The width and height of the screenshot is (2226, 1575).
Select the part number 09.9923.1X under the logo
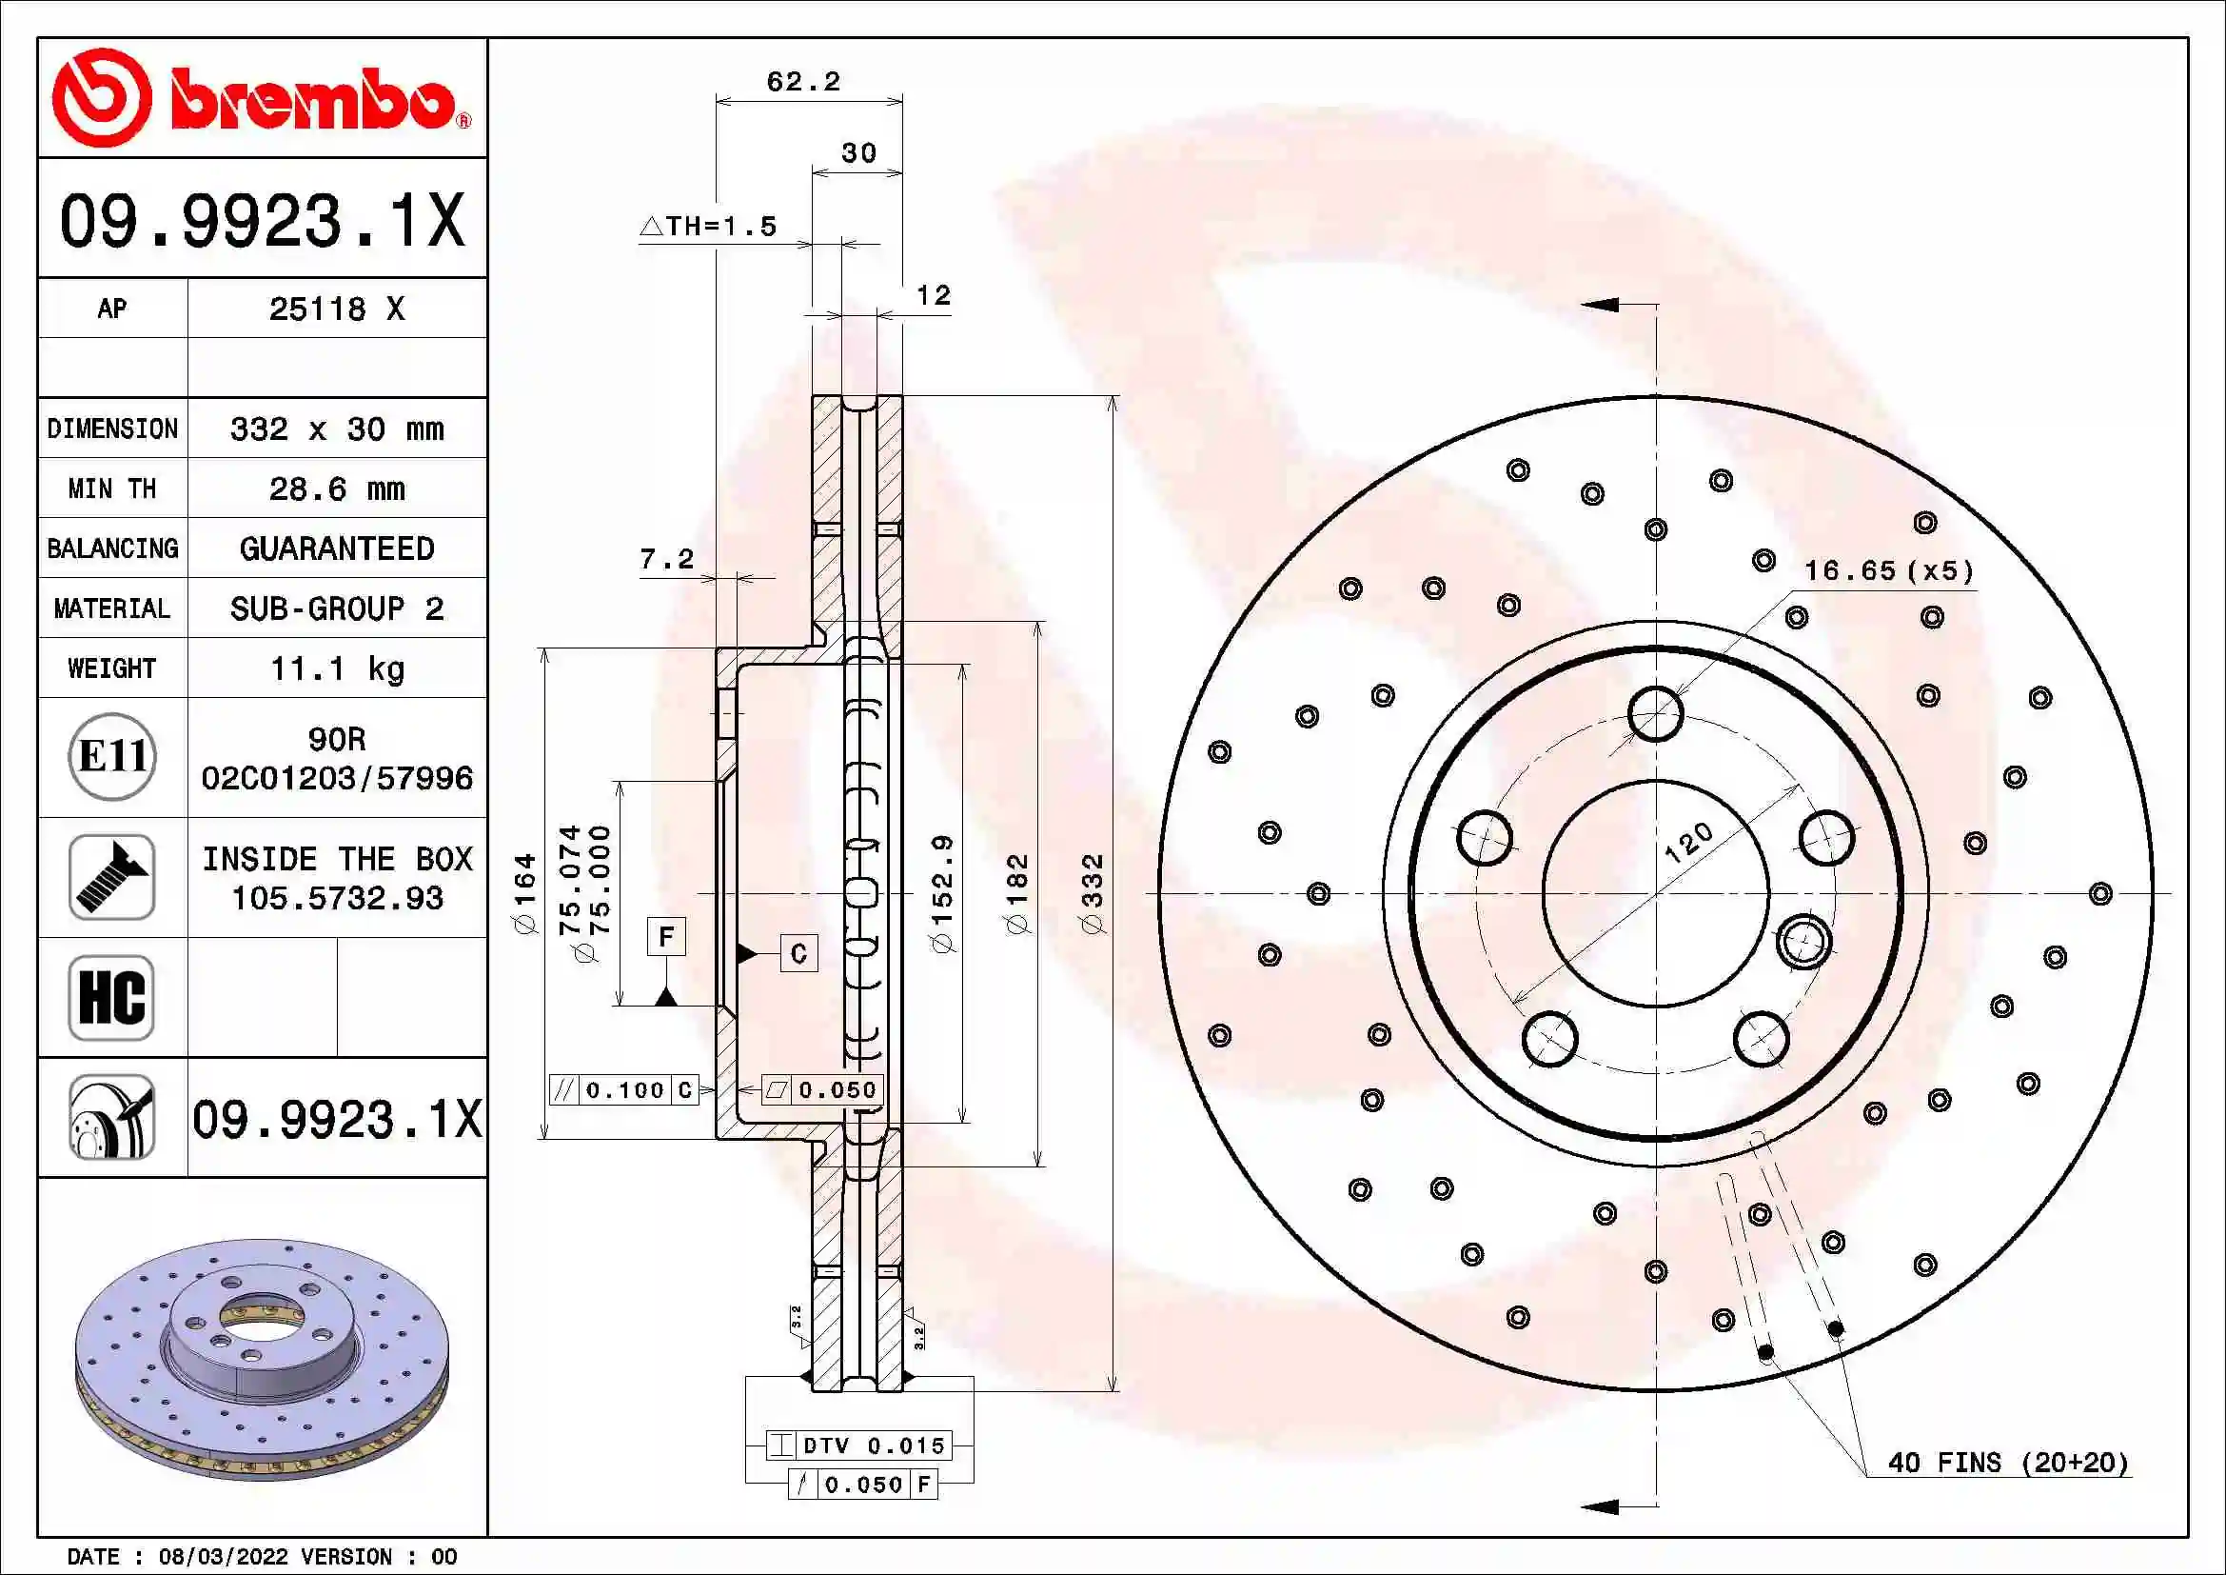(x=262, y=220)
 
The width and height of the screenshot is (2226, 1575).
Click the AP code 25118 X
(x=336, y=309)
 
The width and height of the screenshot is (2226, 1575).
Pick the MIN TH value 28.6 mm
(x=336, y=488)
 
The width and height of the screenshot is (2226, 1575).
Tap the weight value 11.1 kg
(x=336, y=668)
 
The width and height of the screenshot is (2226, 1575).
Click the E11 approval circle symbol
(x=112, y=756)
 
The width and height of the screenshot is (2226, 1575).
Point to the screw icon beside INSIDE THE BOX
(x=112, y=877)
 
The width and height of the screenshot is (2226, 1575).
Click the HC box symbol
(x=112, y=997)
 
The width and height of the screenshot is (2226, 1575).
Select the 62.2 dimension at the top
(x=803, y=82)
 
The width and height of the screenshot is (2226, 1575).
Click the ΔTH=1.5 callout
(x=709, y=226)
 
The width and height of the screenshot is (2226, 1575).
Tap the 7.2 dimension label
(x=667, y=559)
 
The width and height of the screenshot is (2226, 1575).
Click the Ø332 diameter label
(x=1093, y=893)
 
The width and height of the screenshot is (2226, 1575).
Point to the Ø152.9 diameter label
(x=942, y=893)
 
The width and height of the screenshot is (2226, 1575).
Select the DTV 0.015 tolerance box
(x=859, y=1445)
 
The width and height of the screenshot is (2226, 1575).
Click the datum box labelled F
(x=666, y=936)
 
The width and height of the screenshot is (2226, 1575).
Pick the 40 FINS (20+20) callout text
(x=2008, y=1463)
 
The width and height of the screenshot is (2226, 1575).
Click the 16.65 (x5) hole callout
(x=1888, y=570)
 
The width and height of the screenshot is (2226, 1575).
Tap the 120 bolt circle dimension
(x=1688, y=842)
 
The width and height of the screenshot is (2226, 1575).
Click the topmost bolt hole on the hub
(x=1656, y=714)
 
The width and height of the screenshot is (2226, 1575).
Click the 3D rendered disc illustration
(x=262, y=1358)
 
